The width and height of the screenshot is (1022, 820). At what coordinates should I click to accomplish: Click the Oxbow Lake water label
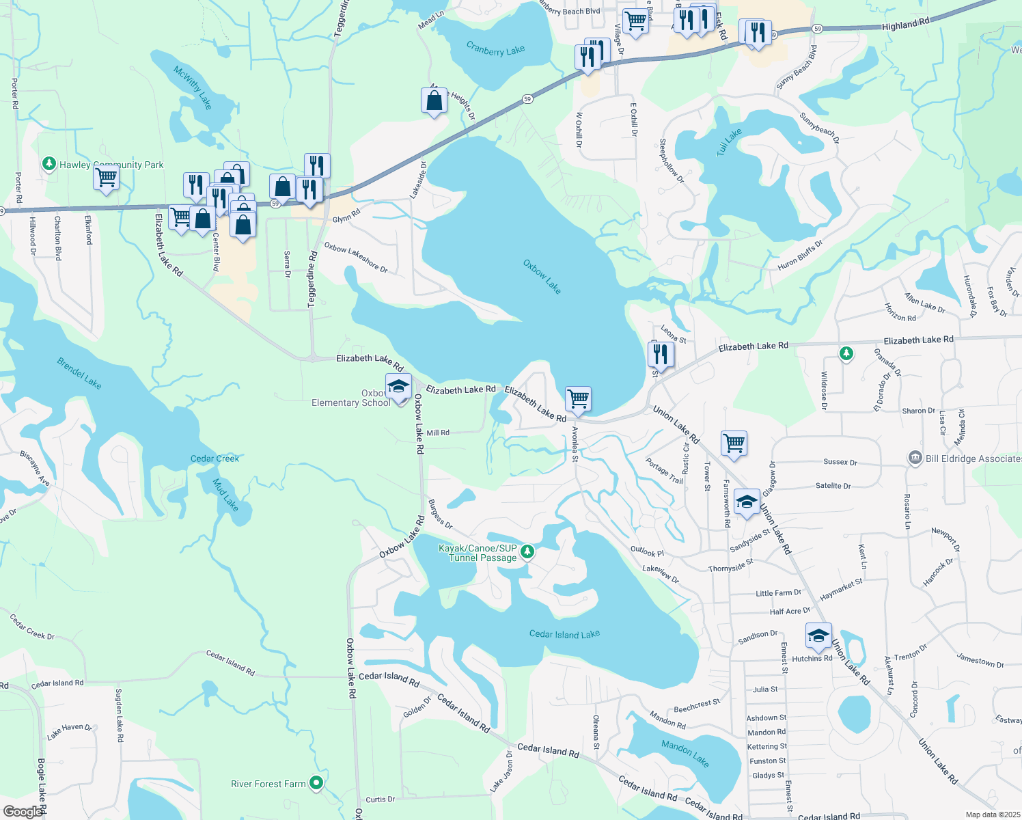pos(542,277)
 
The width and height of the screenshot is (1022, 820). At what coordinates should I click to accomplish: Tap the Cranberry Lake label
pos(495,49)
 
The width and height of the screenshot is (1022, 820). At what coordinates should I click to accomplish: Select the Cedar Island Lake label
pos(564,634)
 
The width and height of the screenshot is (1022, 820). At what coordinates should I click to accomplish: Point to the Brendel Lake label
pos(79,374)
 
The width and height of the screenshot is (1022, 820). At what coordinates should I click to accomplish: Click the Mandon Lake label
pos(685,752)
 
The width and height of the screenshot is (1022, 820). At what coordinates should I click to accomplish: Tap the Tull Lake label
pos(729,142)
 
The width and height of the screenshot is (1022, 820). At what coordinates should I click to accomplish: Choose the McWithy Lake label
pos(193,88)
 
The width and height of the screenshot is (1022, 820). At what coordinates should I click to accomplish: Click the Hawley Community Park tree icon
pos(49,164)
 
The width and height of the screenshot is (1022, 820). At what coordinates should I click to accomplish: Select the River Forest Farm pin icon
pos(316,783)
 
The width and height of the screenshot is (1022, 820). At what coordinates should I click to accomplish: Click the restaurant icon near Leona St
pos(660,353)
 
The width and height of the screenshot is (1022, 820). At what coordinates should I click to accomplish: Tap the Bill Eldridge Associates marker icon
pos(915,458)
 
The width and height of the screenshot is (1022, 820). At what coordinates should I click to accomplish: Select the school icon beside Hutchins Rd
pos(818,635)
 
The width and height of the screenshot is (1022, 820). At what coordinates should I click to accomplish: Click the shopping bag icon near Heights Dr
pos(434,101)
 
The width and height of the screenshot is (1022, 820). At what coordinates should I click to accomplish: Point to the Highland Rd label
pos(905,25)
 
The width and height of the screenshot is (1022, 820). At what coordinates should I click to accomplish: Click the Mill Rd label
pos(438,433)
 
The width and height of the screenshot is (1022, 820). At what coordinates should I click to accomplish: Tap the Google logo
pos(23,811)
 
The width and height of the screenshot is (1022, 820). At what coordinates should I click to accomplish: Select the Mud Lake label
pos(225,495)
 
